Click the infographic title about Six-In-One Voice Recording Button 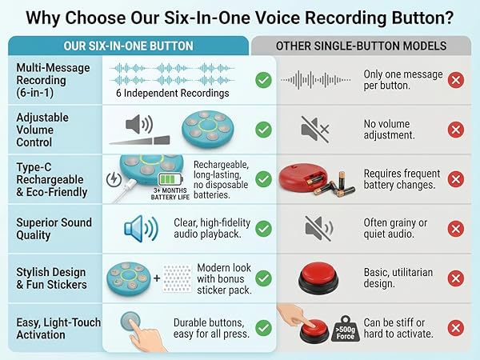coord(240,16)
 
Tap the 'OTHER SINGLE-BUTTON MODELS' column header coord(362,46)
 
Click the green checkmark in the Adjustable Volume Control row coord(263,129)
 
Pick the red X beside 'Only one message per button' coord(456,79)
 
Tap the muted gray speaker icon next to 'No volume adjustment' coord(314,129)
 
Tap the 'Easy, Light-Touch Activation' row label coord(58,329)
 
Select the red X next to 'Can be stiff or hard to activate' coord(456,328)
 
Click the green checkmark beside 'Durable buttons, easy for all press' coord(263,328)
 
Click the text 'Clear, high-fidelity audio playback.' coord(210,229)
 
